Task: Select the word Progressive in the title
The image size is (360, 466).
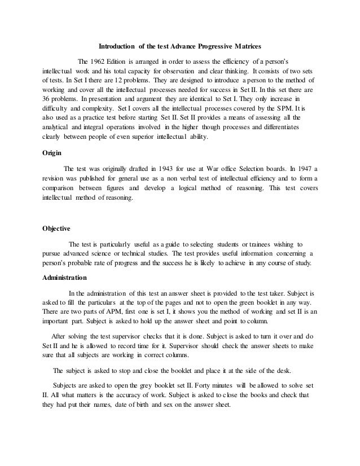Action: pos(204,45)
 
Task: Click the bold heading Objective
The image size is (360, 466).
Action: pos(57,228)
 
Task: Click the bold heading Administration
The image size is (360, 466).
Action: pos(65,278)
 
